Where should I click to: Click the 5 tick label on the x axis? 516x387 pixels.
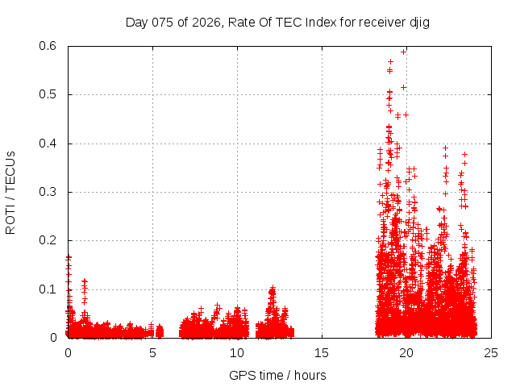tap(152, 352)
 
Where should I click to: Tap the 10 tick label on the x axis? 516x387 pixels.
tap(237, 352)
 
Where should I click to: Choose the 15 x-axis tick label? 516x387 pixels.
tap(322, 352)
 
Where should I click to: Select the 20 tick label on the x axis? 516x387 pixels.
tap(406, 352)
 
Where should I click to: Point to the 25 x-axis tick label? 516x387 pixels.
tap(491, 352)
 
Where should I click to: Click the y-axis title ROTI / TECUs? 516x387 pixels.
tap(10, 192)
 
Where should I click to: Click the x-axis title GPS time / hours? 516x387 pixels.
tap(277, 375)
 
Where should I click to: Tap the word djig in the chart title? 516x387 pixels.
tap(419, 22)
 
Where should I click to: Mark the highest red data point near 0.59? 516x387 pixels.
tap(404, 51)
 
